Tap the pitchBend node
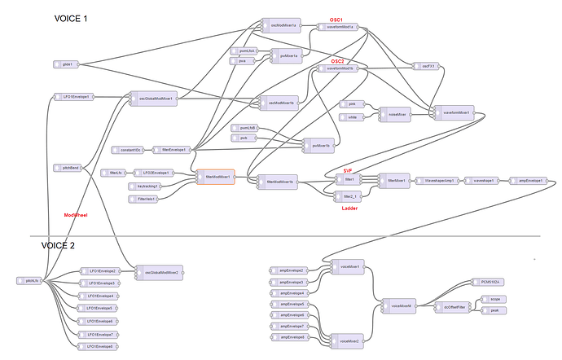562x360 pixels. (70, 167)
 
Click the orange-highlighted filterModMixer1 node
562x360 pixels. (216, 176)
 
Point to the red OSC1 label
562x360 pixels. (336, 18)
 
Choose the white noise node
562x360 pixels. (353, 117)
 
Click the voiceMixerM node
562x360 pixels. (400, 305)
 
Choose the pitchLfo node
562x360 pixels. (33, 280)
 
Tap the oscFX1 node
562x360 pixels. (426, 66)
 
